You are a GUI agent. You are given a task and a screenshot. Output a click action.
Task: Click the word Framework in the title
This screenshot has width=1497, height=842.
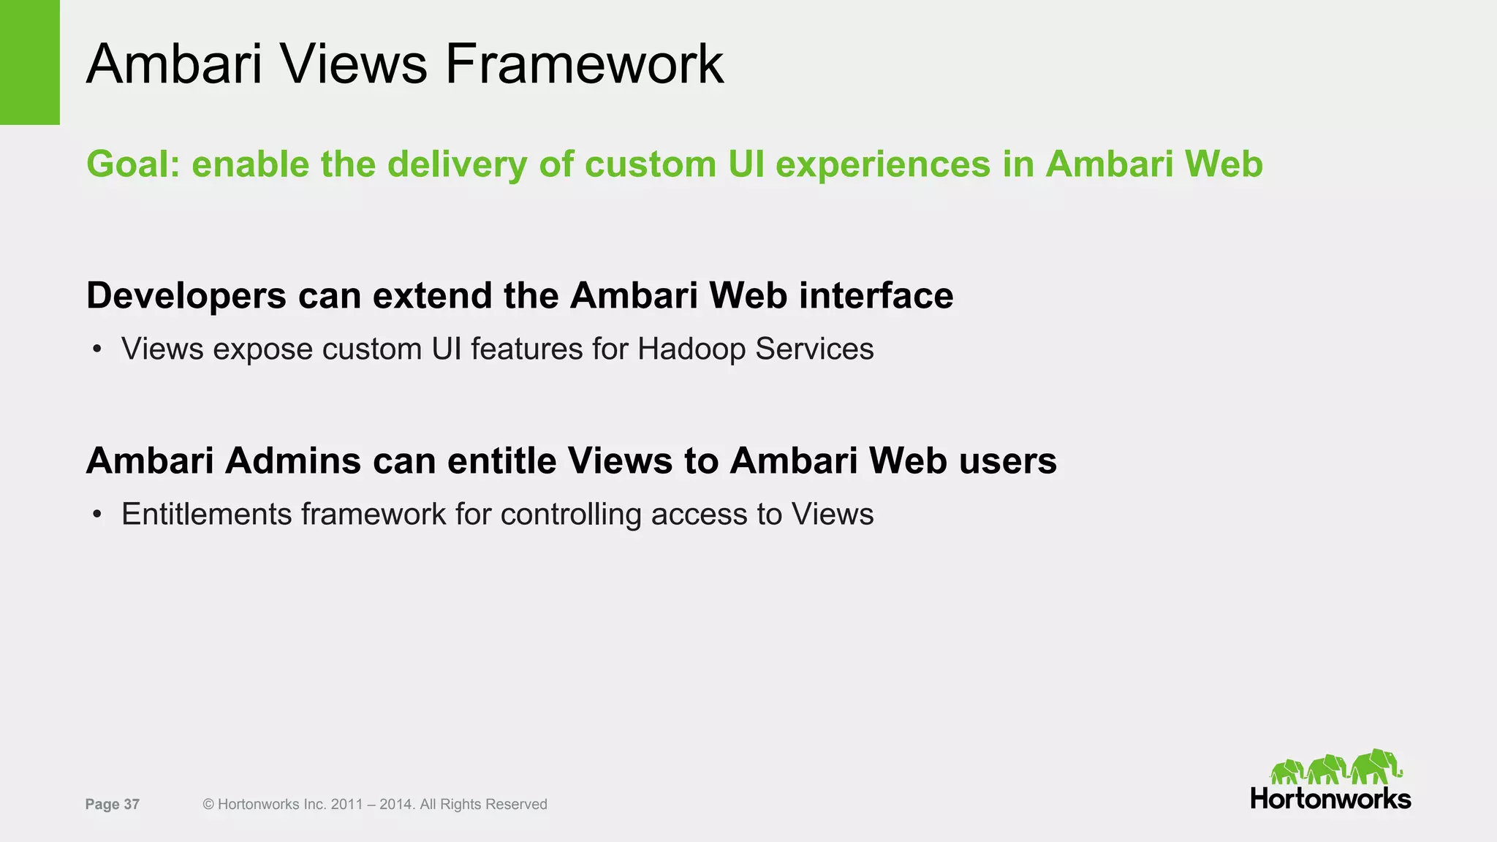pyautogui.click(x=584, y=64)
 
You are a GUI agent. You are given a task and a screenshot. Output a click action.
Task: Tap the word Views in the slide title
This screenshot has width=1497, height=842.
pyautogui.click(x=352, y=64)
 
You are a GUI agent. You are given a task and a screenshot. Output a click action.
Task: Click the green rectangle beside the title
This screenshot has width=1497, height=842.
pyautogui.click(x=29, y=62)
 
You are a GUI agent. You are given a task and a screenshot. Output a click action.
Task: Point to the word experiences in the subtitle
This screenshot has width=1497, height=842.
pyautogui.click(x=882, y=164)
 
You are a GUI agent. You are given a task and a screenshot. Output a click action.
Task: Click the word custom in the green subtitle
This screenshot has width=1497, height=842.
pyautogui.click(x=650, y=164)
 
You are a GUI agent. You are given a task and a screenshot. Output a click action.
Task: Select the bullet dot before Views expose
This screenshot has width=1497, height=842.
pyautogui.click(x=96, y=350)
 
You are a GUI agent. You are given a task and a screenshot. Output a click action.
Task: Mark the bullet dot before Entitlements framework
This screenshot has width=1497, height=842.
pyautogui.click(x=96, y=515)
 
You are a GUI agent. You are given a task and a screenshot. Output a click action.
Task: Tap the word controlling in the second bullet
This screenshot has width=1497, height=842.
pyautogui.click(x=571, y=515)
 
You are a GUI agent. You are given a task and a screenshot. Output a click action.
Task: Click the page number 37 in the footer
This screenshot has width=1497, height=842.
pyautogui.click(x=132, y=805)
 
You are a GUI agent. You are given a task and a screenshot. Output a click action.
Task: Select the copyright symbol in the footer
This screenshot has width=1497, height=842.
pyautogui.click(x=208, y=805)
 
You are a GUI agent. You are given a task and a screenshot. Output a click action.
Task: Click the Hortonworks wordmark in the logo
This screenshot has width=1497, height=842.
pyautogui.click(x=1330, y=799)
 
